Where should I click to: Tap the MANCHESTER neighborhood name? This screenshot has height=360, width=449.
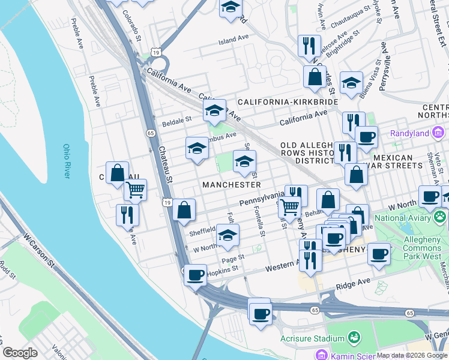232,185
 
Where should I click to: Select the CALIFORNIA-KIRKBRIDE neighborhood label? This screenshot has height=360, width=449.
288,103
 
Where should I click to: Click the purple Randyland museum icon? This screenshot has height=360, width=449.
439,133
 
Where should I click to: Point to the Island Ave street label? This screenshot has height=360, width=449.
234,38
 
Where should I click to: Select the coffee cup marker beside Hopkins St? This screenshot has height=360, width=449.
196,275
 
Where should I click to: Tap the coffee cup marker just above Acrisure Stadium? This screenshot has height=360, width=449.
260,313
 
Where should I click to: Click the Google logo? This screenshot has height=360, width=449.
20,353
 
